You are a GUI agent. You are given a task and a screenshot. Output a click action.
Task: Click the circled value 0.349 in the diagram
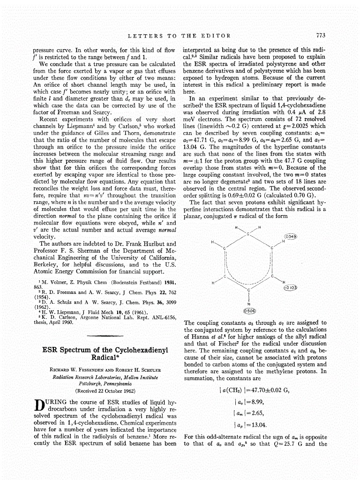(x=291, y=236)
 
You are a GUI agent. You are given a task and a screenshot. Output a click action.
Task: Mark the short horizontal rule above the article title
(x=104, y=336)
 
